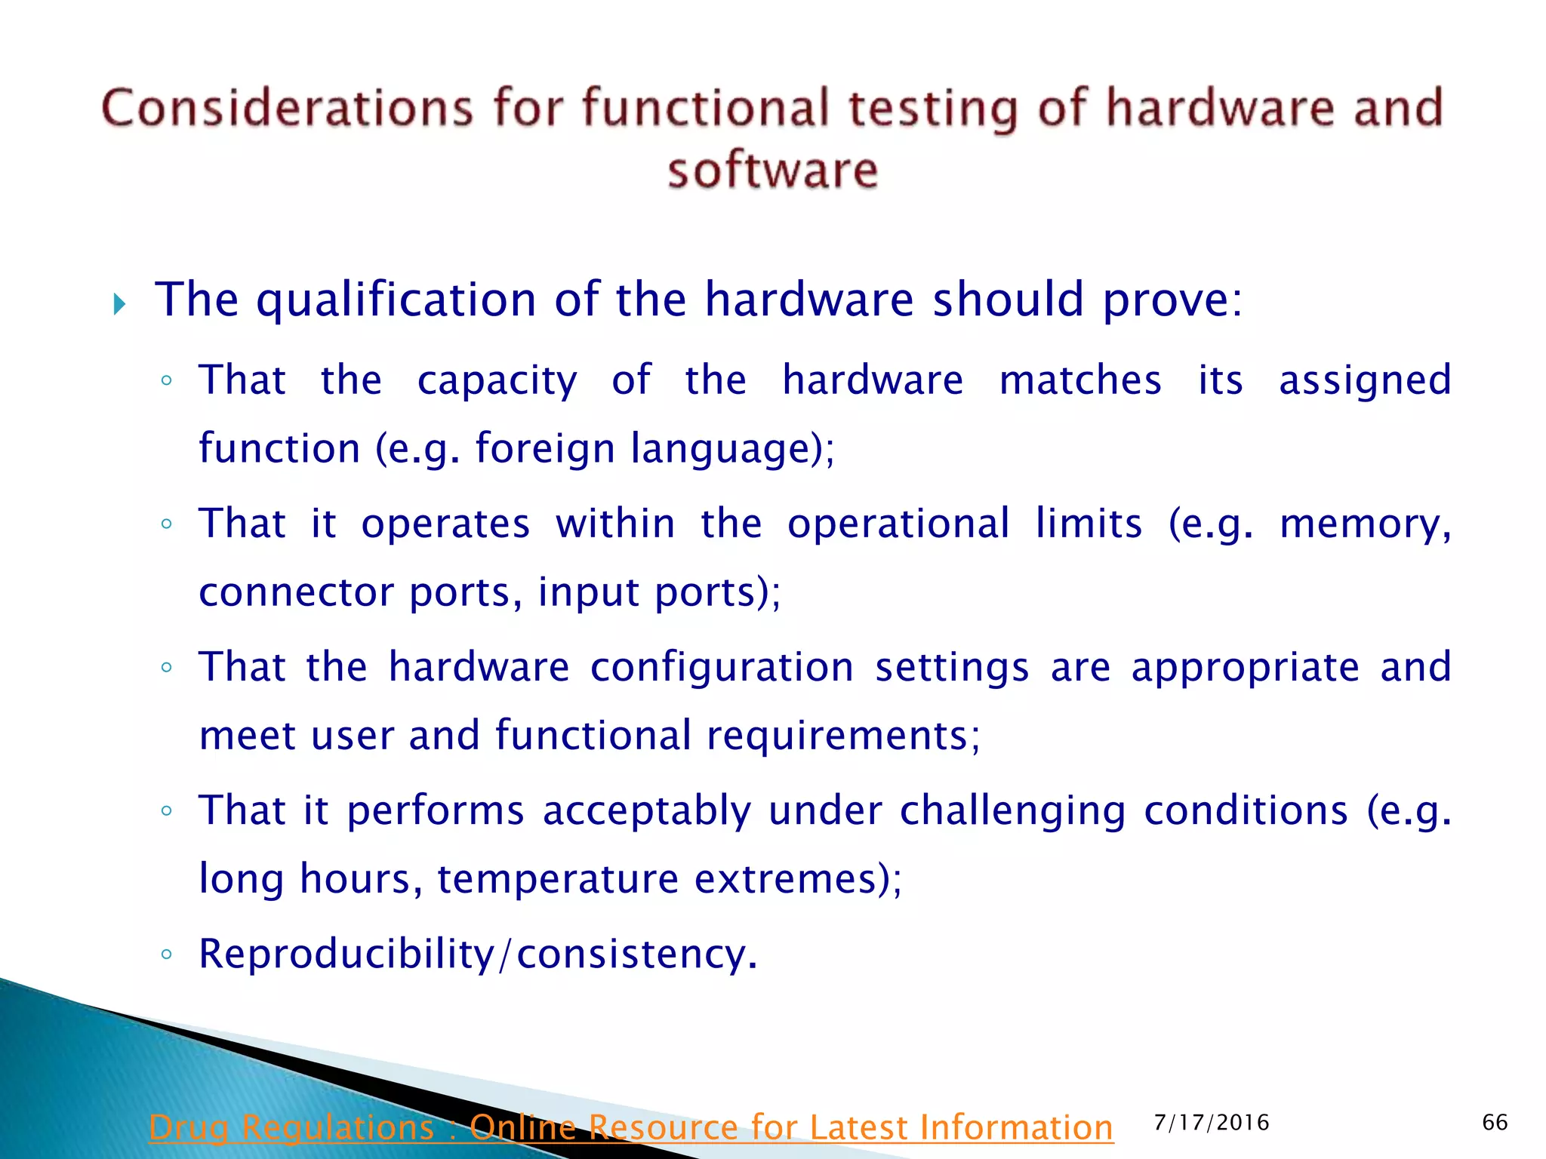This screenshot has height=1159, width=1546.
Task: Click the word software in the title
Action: (772, 171)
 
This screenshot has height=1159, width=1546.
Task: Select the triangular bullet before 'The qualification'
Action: (119, 305)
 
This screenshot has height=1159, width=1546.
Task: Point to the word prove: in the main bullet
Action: (1172, 300)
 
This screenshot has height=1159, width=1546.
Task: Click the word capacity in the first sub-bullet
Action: (497, 380)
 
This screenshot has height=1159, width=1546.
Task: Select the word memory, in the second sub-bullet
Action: (1365, 524)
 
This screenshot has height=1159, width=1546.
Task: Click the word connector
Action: (295, 592)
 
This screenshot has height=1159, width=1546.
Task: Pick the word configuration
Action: (722, 667)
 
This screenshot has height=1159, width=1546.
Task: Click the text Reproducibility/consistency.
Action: (477, 954)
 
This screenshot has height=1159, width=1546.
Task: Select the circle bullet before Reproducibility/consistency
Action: (167, 955)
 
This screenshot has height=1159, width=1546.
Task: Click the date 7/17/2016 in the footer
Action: (1211, 1123)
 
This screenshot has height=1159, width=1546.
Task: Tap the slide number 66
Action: (1494, 1123)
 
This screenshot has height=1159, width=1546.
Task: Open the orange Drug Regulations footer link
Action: (630, 1128)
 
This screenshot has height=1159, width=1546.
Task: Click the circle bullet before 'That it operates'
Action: (167, 524)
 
